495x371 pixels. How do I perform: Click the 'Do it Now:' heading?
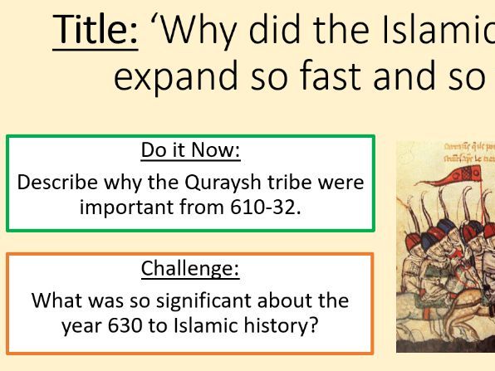click(x=190, y=150)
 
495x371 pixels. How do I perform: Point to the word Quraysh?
click(x=217, y=182)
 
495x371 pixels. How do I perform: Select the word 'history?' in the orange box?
click(x=283, y=324)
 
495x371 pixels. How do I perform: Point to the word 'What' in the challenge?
click(x=57, y=300)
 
